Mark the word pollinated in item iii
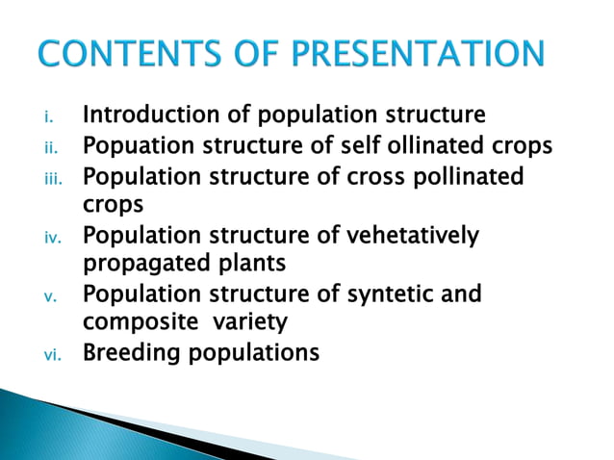473,177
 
